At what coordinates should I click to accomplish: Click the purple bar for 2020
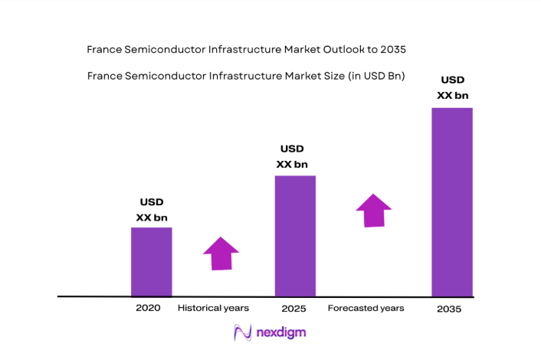click(x=151, y=261)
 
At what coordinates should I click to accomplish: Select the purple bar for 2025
click(x=295, y=235)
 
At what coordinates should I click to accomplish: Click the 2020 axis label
click(x=148, y=308)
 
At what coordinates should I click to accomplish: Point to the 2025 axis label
click(x=293, y=309)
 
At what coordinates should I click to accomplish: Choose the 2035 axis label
click(x=450, y=309)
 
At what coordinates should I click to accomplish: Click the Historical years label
click(x=213, y=308)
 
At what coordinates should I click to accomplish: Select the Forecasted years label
click(x=366, y=308)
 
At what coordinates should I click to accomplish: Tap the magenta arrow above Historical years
click(x=221, y=254)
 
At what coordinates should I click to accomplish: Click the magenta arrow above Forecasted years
click(x=373, y=210)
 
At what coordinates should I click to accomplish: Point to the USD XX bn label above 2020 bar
click(x=151, y=210)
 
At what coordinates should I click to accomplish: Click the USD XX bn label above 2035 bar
click(x=452, y=87)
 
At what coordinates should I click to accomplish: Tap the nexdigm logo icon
click(x=243, y=333)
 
